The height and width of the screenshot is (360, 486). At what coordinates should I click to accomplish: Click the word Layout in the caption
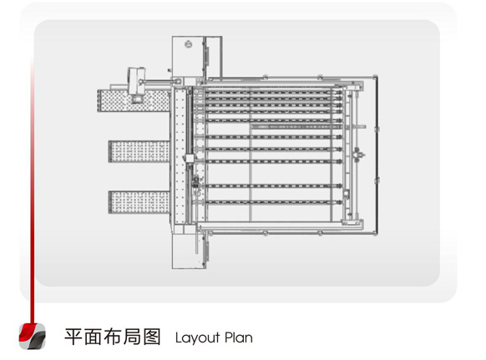click(x=197, y=337)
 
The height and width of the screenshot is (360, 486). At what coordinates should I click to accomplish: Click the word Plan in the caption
click(x=239, y=337)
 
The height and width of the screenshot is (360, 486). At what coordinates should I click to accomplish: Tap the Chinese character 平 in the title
click(x=73, y=337)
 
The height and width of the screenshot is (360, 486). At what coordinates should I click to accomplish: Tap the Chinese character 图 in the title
click(x=152, y=337)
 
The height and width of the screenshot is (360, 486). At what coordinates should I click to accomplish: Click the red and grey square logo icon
click(x=33, y=336)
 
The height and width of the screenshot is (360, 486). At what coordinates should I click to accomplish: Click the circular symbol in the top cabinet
click(x=188, y=44)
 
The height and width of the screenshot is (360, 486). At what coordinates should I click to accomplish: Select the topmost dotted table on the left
click(x=134, y=100)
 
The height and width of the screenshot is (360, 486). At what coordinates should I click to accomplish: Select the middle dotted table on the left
click(x=139, y=151)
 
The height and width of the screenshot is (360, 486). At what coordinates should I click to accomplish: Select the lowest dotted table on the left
click(x=139, y=202)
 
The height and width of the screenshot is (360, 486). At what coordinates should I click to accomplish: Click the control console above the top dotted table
click(x=137, y=84)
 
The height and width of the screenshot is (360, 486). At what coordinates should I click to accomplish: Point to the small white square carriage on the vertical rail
click(x=190, y=159)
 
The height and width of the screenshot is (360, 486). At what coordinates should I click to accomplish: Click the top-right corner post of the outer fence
click(x=375, y=76)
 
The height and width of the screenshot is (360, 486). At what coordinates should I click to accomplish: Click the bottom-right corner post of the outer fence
click(x=375, y=233)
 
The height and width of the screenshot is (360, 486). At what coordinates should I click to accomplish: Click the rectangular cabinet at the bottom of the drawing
click(x=190, y=251)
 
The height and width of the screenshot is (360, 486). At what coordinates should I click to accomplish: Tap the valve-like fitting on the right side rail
click(x=357, y=155)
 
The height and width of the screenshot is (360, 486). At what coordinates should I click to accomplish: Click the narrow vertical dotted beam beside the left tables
click(x=180, y=155)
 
